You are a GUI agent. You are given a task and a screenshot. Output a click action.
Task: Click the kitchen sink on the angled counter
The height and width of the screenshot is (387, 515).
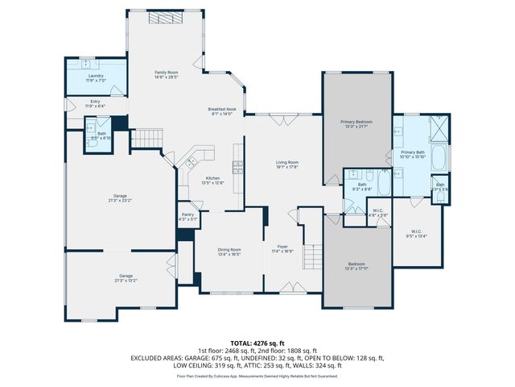click(x=191, y=163)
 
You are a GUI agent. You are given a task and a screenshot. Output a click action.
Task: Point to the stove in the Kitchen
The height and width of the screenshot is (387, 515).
click(x=237, y=168)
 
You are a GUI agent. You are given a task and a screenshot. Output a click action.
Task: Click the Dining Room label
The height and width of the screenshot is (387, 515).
click(x=229, y=250)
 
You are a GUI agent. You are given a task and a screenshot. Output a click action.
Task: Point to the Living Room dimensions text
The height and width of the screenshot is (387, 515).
click(x=287, y=167)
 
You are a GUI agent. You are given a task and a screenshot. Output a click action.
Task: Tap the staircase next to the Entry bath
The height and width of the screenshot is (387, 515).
click(x=146, y=138)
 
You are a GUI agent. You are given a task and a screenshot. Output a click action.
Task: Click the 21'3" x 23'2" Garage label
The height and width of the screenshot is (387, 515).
click(x=120, y=197)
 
